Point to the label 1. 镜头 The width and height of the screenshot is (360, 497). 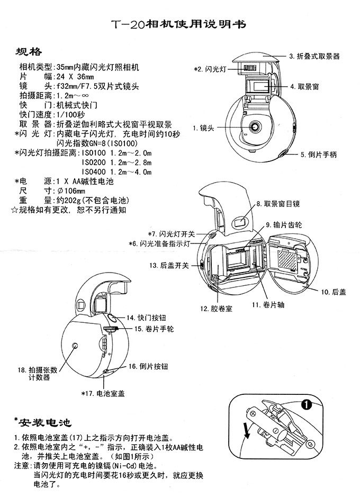tap(203, 128)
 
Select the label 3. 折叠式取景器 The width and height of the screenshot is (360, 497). tap(314, 56)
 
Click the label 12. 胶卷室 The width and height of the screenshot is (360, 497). tap(216, 308)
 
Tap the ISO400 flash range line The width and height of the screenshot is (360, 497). tap(116, 172)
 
